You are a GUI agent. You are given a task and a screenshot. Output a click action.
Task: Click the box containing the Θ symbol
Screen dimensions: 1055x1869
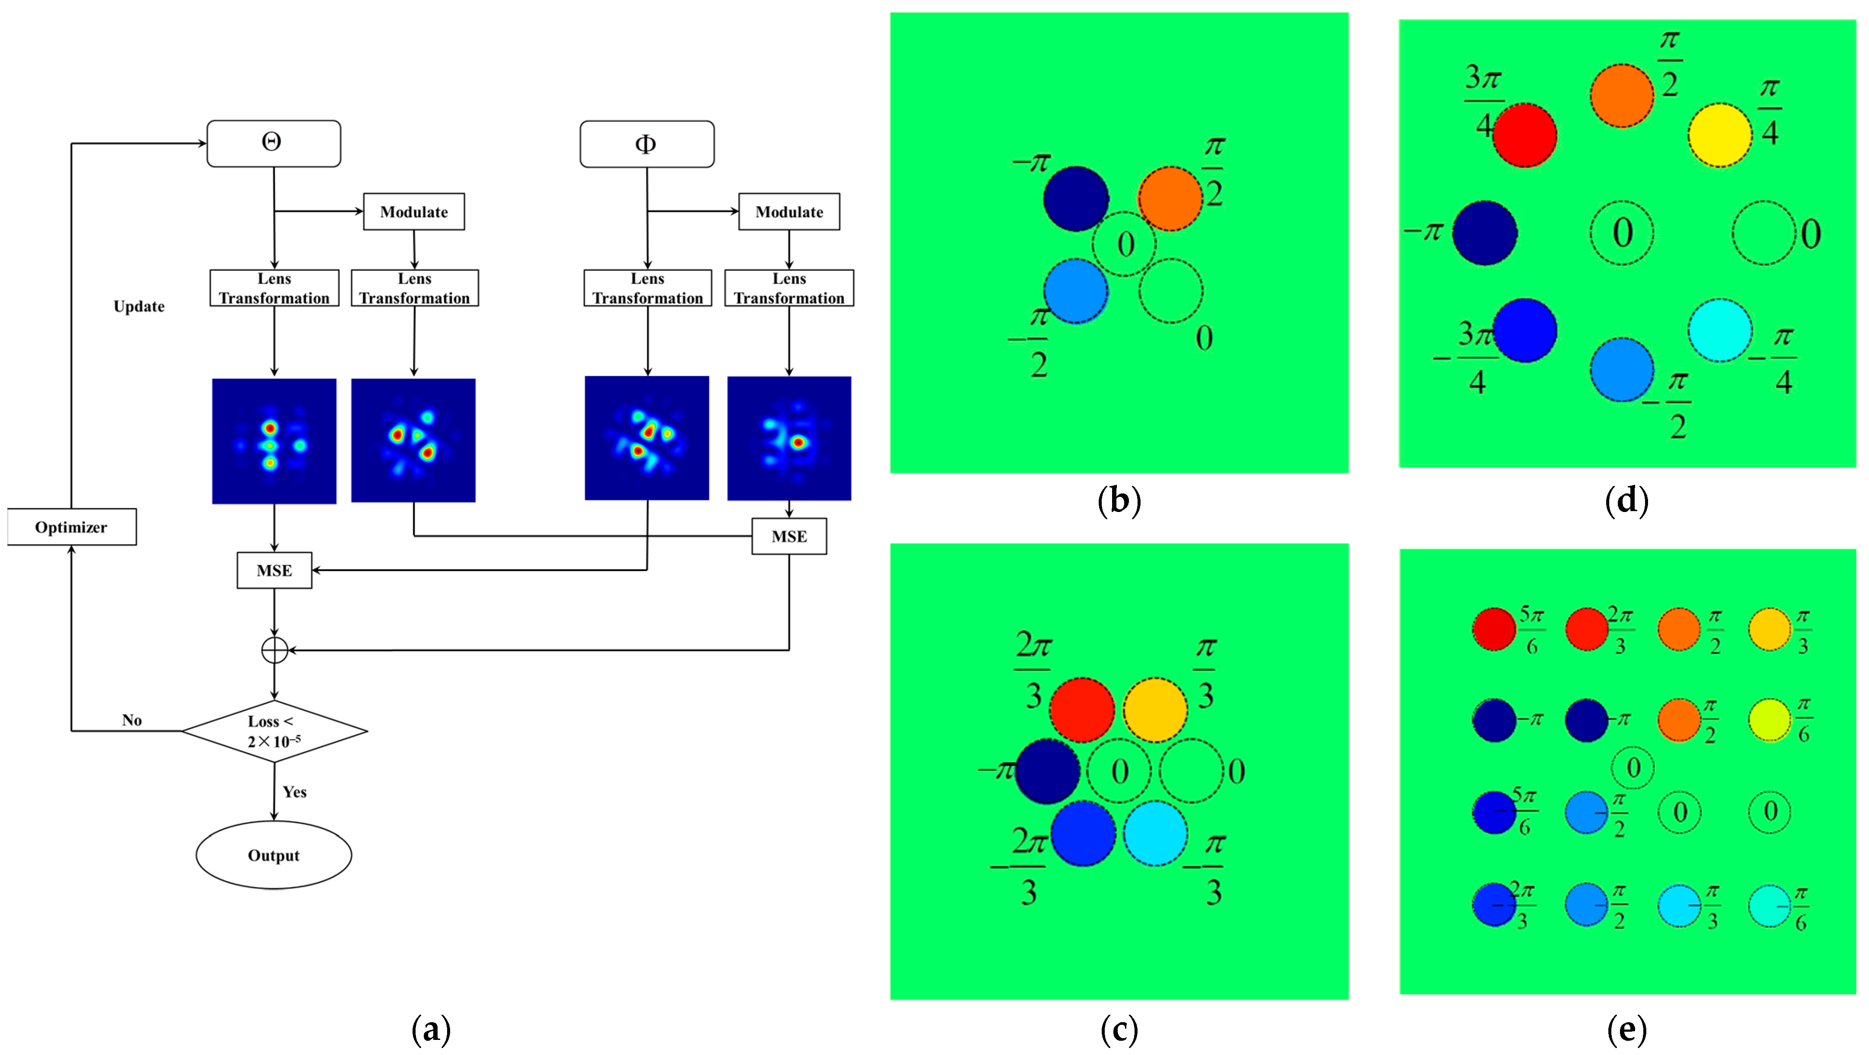pyautogui.click(x=274, y=144)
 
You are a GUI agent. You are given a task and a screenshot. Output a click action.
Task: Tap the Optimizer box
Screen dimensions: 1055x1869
pyautogui.click(x=71, y=527)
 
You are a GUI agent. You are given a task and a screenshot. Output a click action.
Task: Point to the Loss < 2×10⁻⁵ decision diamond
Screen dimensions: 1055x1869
pyautogui.click(x=274, y=731)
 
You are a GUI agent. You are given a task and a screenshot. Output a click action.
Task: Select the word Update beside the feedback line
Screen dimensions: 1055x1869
pyautogui.click(x=139, y=306)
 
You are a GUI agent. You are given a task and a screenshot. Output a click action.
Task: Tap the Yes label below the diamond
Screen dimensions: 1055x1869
pyautogui.click(x=295, y=792)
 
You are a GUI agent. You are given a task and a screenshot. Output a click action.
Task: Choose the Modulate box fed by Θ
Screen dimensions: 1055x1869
pyautogui.click(x=413, y=212)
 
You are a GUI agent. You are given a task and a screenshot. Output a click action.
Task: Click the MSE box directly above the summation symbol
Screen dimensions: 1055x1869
pyautogui.click(x=274, y=571)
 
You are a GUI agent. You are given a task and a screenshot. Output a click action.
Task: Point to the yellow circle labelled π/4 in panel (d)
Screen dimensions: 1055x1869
pyautogui.click(x=1720, y=135)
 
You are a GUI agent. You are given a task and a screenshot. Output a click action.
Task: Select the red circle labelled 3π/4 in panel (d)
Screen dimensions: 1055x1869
pyautogui.click(x=1524, y=135)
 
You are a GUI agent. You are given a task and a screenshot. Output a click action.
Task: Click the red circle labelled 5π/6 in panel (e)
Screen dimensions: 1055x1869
pyautogui.click(x=1494, y=629)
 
